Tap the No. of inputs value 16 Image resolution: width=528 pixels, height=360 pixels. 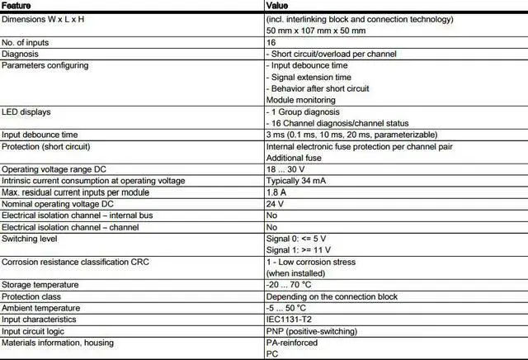pos(271,40)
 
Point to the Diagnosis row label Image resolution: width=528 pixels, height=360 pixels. pos(21,52)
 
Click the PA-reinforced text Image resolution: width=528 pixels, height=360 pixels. pos(292,342)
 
